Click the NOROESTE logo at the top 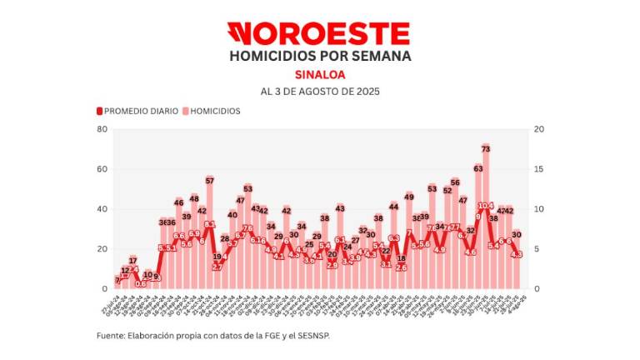[x=319, y=33]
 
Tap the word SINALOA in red [x=319, y=74]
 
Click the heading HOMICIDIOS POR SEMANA [x=319, y=56]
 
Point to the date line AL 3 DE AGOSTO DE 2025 [x=319, y=91]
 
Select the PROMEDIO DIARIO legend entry [x=138, y=111]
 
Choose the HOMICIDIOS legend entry [x=212, y=111]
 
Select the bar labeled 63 [x=477, y=229]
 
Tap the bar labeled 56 [x=455, y=237]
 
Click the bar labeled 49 [x=409, y=246]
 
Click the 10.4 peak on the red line [x=486, y=205]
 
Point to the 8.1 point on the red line [x=210, y=224]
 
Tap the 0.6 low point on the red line [x=141, y=283]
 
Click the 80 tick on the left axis [x=102, y=129]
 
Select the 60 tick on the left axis [x=102, y=169]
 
